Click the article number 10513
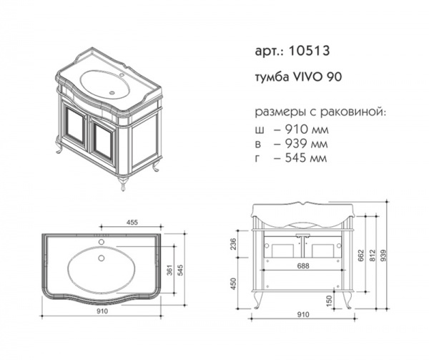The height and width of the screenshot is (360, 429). point(309,51)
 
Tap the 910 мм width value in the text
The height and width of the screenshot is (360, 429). point(307,130)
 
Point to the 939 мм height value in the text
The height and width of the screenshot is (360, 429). point(306,143)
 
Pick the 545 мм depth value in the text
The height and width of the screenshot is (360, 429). point(306,157)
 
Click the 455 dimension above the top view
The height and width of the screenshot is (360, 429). point(132,223)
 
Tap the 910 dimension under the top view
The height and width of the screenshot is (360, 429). point(102,311)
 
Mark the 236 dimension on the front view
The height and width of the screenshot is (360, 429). point(233,244)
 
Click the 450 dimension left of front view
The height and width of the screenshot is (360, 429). point(233,284)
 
